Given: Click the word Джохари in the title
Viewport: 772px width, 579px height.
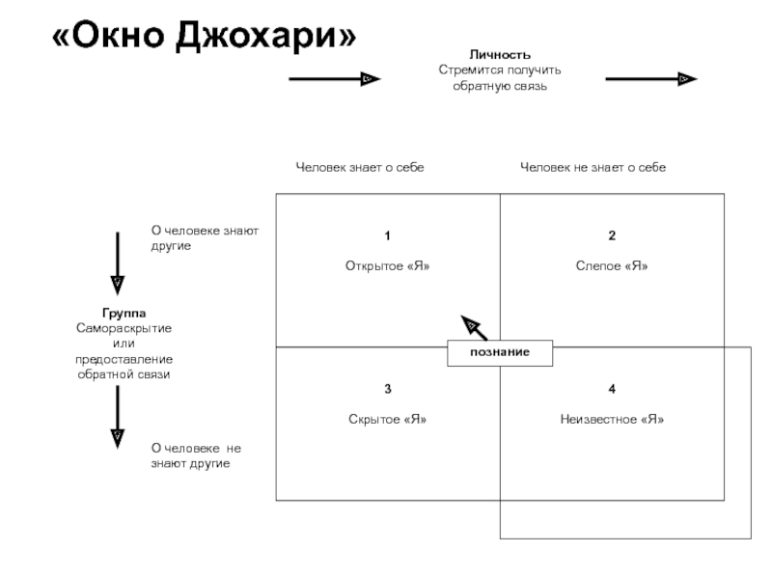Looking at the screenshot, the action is point(266,36).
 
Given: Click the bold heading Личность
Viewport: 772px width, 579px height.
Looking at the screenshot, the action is point(500,54).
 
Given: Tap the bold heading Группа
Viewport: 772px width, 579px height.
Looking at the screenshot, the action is point(124,313).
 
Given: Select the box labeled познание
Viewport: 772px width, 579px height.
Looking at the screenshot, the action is point(500,352).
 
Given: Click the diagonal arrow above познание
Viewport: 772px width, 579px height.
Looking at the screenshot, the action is point(474,328).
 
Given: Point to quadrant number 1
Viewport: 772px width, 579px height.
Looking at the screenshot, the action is point(388,235).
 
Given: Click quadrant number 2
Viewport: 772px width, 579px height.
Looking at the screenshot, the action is point(612,235).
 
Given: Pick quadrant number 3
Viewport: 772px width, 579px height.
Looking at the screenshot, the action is point(388,389).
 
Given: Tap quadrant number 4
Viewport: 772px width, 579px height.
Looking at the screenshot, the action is point(612,389).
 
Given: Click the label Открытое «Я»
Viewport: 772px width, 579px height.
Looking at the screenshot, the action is point(388,266).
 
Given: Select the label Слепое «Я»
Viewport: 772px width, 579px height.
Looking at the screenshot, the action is point(612,266).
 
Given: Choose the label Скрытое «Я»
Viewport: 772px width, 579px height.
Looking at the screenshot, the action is point(388,419).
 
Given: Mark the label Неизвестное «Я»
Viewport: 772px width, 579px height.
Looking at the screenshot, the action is point(612,419).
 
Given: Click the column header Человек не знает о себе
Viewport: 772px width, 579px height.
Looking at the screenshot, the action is point(593,167).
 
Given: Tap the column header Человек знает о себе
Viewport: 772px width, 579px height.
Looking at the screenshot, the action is point(360,167).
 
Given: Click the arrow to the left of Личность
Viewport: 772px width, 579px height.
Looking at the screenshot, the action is point(335,79).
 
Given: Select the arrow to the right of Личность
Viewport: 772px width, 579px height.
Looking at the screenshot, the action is point(651,79).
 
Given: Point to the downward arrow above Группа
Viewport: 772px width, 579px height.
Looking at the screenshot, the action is point(117,263).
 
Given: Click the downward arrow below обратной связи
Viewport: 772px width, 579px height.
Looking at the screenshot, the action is point(117,417).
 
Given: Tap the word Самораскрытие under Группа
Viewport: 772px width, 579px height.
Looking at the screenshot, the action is point(124,328).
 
